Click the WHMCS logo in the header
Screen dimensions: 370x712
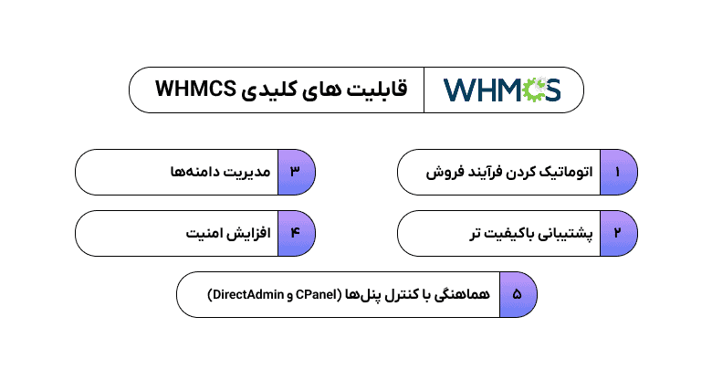502,90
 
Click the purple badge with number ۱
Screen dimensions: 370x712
618,172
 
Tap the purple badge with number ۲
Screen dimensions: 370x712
618,233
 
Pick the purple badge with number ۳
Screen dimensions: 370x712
295,172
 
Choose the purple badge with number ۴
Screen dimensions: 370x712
295,233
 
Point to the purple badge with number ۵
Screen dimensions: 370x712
518,294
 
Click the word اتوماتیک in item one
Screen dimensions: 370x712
562,172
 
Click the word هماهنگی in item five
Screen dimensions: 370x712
462,294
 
